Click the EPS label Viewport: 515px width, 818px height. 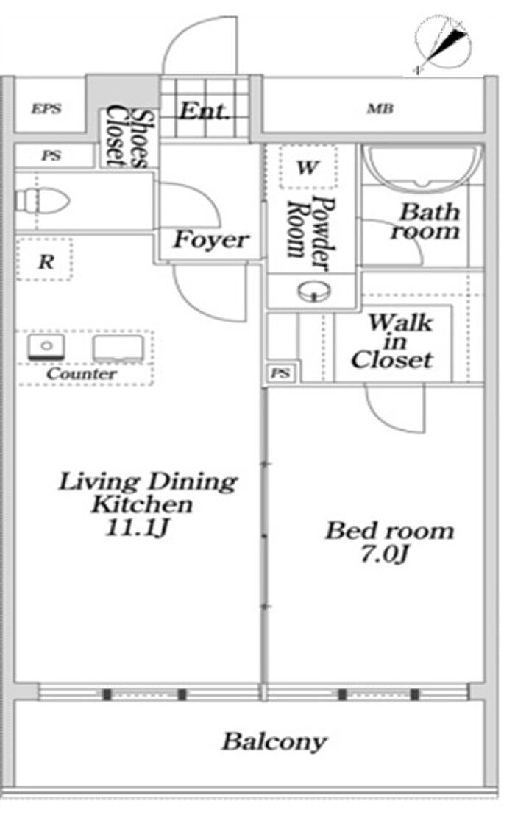coord(46,108)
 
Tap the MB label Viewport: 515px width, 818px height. coord(380,109)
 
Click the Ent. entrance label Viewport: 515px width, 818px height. coord(204,110)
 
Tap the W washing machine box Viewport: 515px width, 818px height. coord(308,167)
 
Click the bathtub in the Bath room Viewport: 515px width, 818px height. coord(423,166)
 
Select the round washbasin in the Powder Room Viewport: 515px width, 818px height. coord(314,291)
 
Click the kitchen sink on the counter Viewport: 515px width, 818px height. coord(46,347)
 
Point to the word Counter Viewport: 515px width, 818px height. coord(82,373)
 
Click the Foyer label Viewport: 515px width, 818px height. coord(211,240)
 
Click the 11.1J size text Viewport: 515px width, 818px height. coord(137,528)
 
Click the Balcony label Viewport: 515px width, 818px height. coord(274,741)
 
